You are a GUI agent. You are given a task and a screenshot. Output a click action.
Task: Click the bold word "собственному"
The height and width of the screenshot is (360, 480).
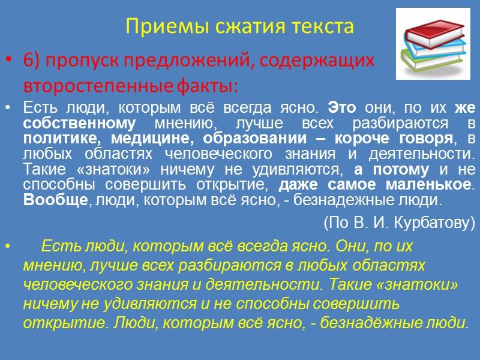pyautogui.click(x=72, y=123)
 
